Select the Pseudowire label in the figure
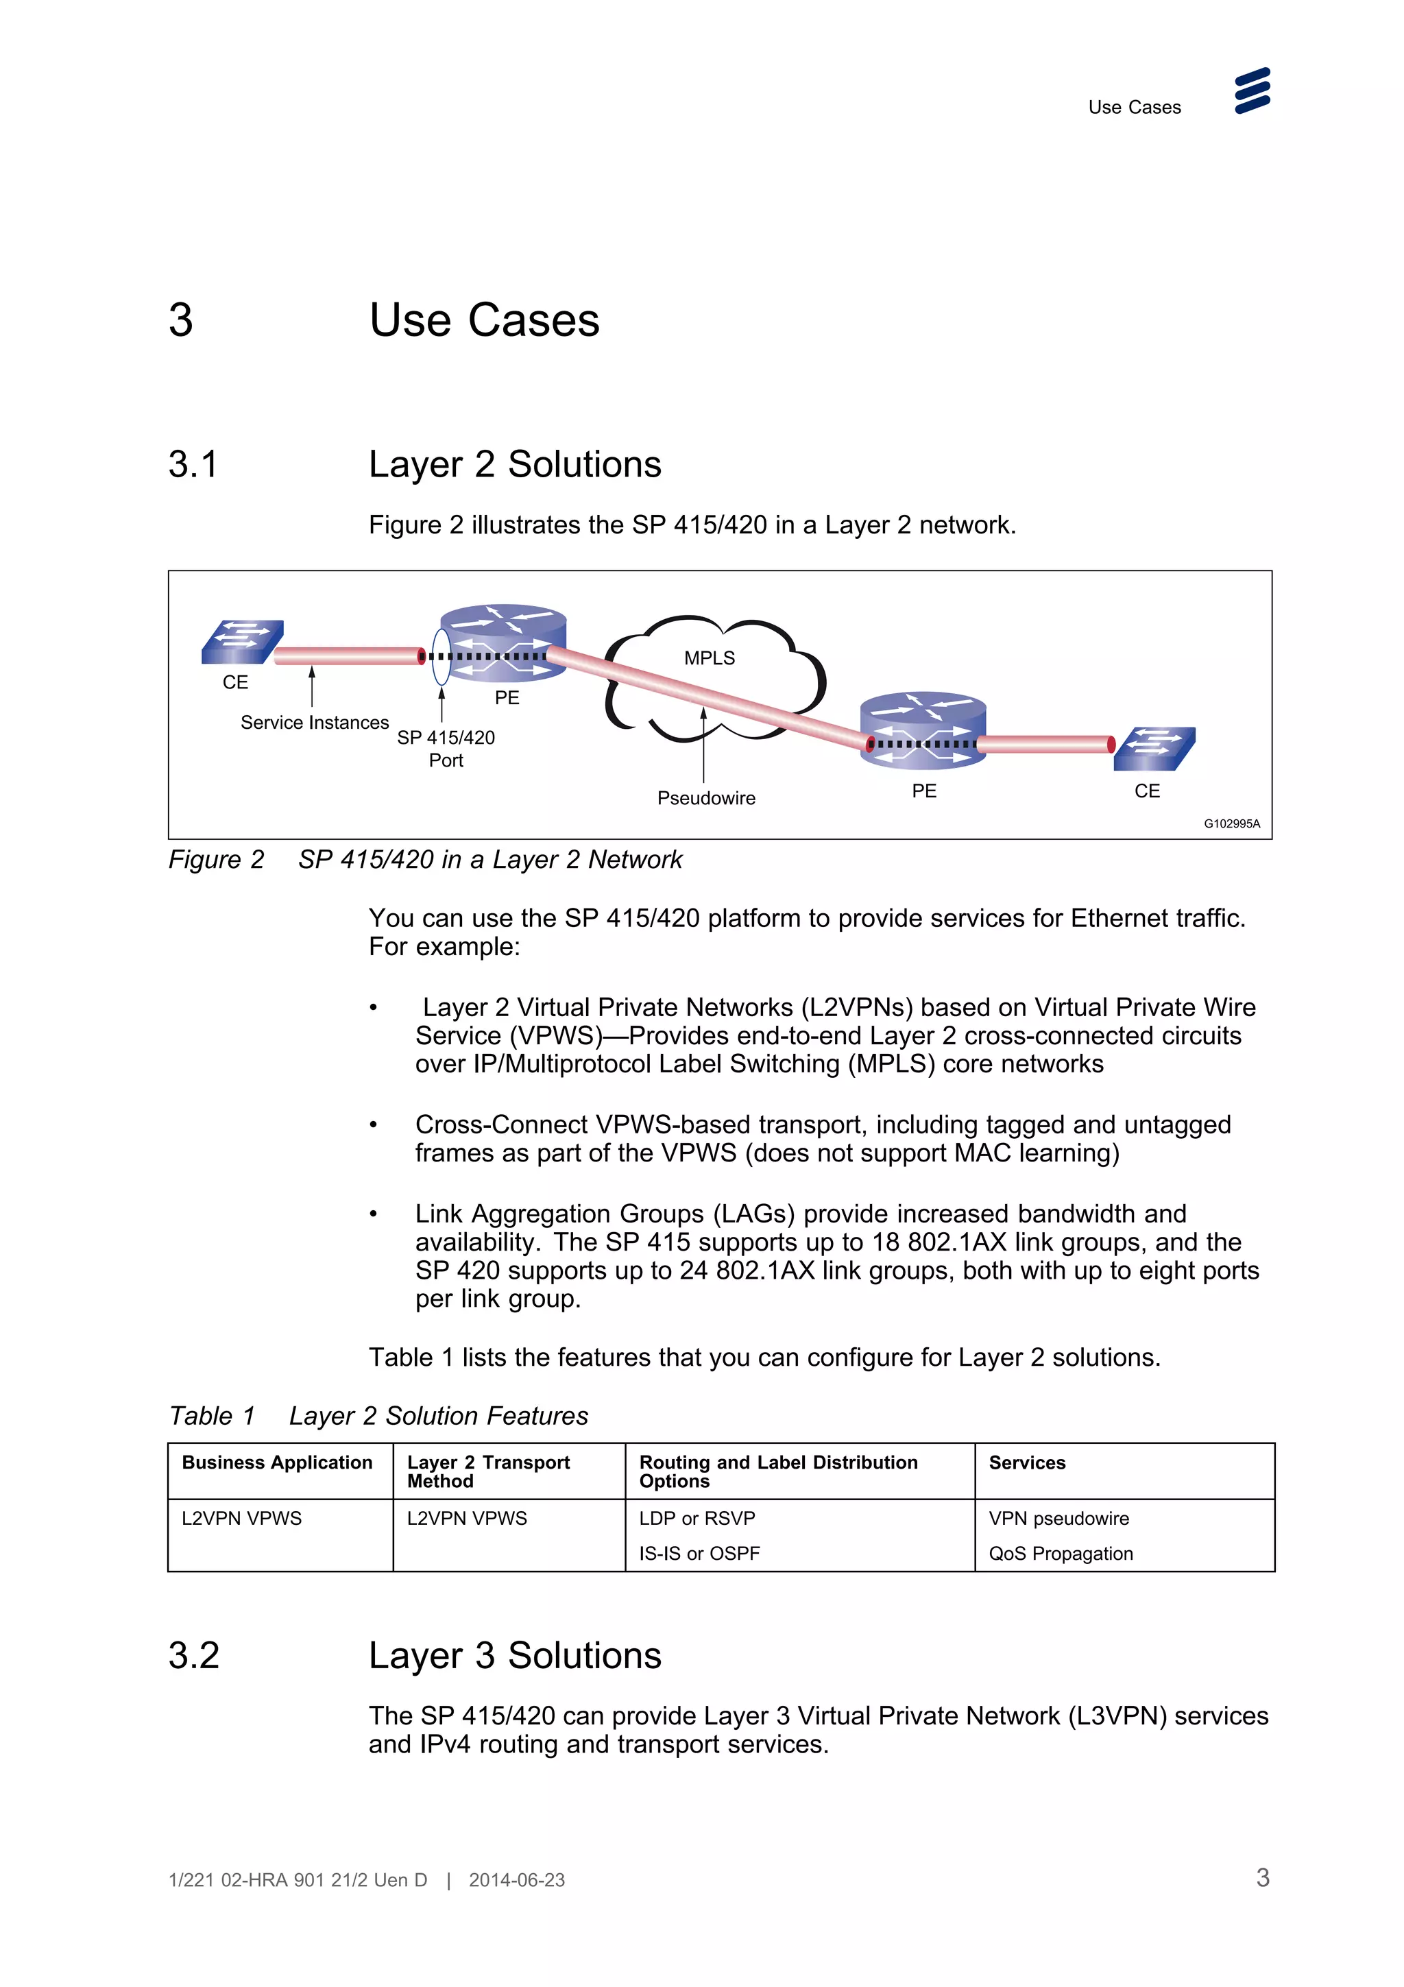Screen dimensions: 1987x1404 click(x=706, y=798)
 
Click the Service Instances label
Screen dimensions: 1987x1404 click(x=314, y=723)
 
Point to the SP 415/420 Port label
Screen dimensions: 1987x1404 click(x=446, y=749)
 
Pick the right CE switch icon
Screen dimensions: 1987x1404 click(x=1155, y=749)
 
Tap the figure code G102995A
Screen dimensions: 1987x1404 click(x=1232, y=824)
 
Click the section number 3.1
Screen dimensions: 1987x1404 click(x=193, y=465)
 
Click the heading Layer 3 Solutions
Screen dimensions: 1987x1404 click(x=515, y=1656)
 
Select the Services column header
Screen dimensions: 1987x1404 click(x=1027, y=1462)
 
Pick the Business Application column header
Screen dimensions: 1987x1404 click(x=277, y=1462)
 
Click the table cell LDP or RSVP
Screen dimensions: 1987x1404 click(x=697, y=1518)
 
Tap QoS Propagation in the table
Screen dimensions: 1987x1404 click(x=1061, y=1554)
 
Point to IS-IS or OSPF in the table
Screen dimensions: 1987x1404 click(x=699, y=1554)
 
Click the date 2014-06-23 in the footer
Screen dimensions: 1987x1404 click(x=516, y=1879)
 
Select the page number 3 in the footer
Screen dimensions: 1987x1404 click(x=1262, y=1878)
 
